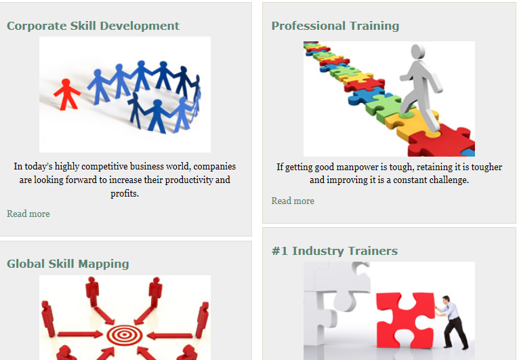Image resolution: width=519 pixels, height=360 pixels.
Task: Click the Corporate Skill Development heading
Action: (93, 26)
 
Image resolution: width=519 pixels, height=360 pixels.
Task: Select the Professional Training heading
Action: (335, 26)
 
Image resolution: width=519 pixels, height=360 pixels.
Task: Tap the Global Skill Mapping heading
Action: (68, 264)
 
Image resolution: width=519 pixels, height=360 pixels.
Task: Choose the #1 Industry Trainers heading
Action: (335, 251)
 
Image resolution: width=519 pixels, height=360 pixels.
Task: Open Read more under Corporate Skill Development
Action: (28, 214)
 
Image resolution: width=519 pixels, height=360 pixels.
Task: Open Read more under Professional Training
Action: (293, 201)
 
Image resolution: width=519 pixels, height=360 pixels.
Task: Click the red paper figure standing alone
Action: (67, 94)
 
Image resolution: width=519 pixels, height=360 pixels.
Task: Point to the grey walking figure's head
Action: (418, 52)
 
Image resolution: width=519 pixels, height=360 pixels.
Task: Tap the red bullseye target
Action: (125, 335)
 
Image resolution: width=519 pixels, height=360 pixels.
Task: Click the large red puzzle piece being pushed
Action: (405, 320)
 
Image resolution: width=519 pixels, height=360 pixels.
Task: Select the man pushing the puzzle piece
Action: (453, 322)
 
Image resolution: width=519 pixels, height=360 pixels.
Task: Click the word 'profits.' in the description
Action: (125, 193)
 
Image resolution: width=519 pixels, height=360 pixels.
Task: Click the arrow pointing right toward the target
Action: (80, 334)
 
